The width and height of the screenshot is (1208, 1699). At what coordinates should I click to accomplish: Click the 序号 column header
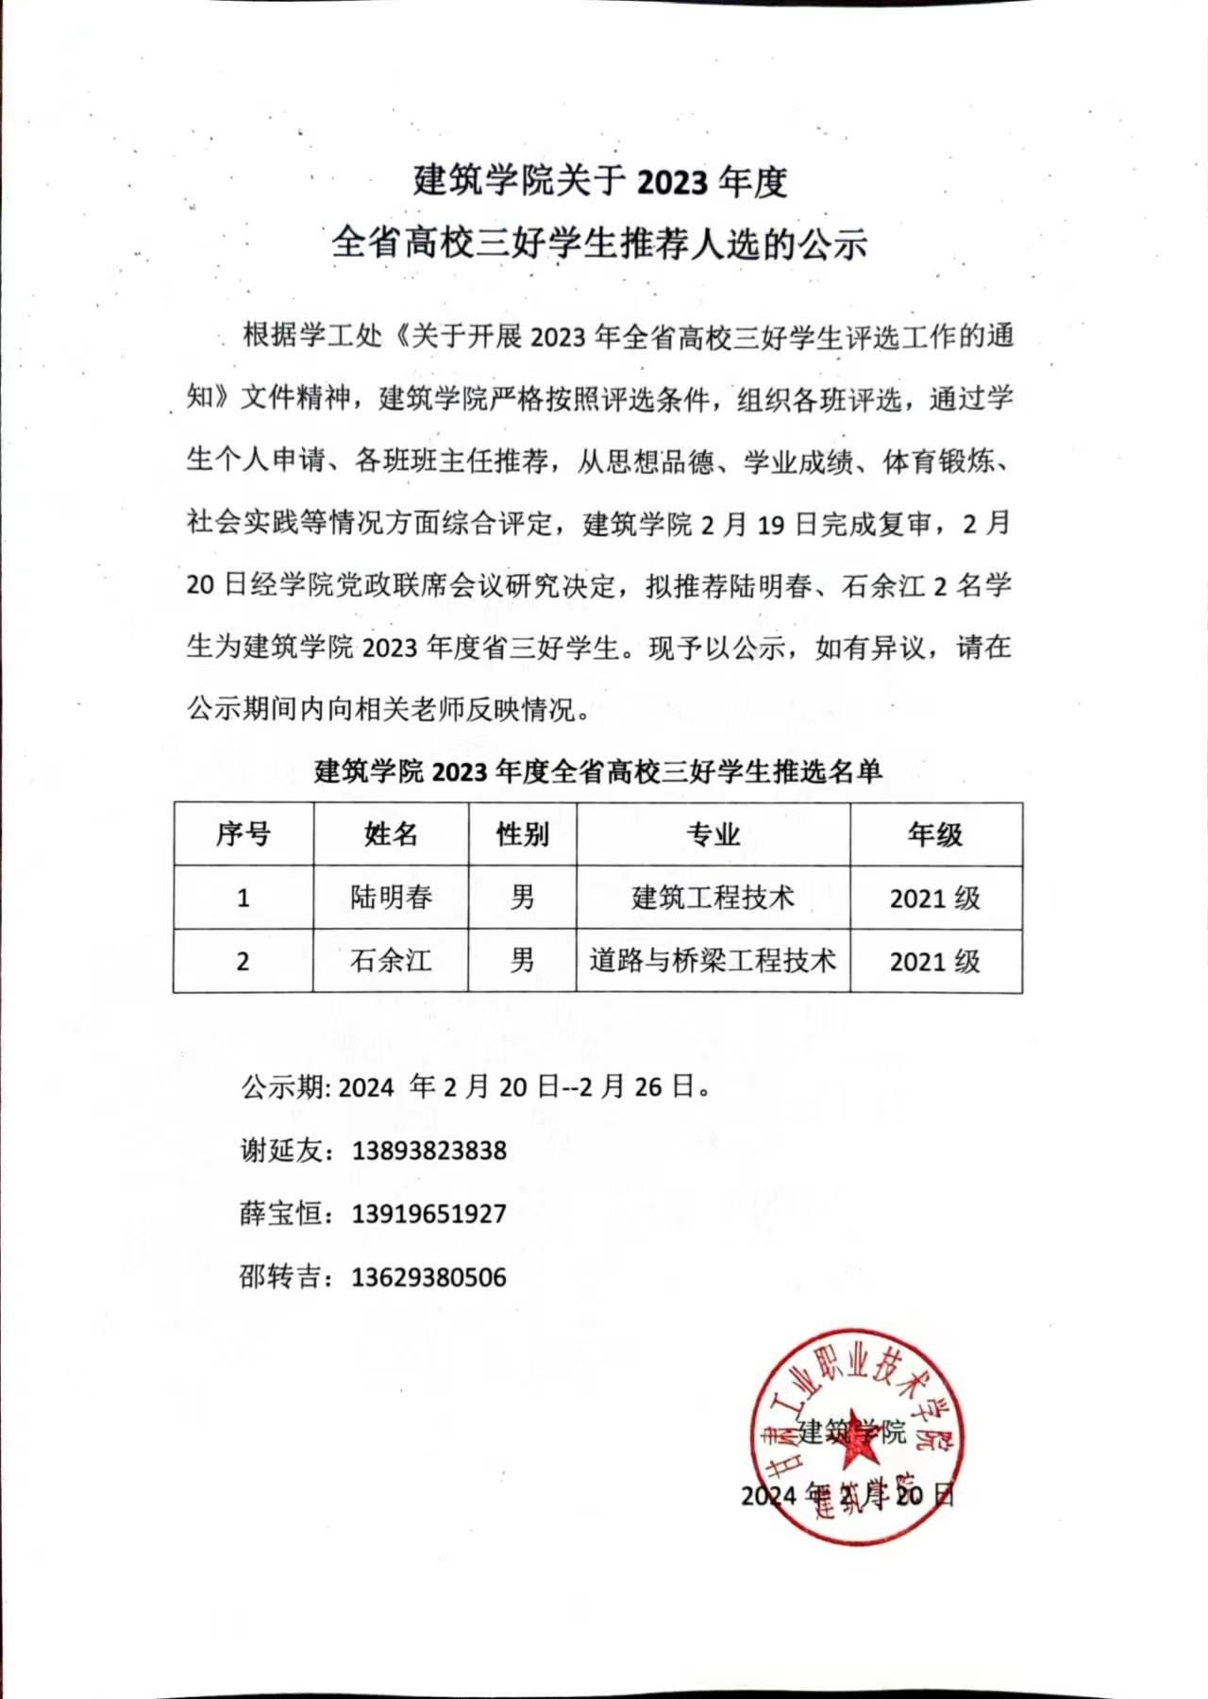click(243, 834)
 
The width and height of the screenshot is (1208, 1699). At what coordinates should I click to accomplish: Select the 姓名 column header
click(391, 834)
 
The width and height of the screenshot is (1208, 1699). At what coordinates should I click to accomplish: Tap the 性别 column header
click(522, 834)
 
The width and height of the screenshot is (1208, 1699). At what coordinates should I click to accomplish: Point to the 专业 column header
click(713, 834)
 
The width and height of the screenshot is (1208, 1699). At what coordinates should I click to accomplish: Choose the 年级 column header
click(935, 834)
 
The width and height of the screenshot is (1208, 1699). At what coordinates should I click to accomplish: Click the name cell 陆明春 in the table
click(391, 897)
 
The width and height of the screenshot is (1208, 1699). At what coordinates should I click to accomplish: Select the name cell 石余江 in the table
click(391, 961)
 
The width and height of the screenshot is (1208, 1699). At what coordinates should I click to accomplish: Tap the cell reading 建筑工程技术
click(713, 897)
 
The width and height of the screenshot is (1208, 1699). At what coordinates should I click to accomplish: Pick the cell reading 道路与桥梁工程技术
click(713, 961)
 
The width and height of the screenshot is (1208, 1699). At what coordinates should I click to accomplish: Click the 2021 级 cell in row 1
click(935, 898)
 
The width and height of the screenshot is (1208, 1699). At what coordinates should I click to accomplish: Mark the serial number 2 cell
click(243, 962)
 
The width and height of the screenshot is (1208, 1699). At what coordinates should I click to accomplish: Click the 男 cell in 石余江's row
click(522, 961)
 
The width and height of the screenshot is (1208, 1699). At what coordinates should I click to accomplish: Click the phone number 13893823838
click(429, 1151)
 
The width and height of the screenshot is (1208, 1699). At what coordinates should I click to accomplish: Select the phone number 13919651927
click(429, 1214)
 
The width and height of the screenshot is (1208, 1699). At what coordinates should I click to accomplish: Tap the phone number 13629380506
click(429, 1277)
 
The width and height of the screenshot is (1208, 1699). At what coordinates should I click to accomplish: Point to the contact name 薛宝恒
click(281, 1214)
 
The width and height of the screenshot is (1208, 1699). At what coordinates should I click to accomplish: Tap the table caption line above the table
click(598, 772)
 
